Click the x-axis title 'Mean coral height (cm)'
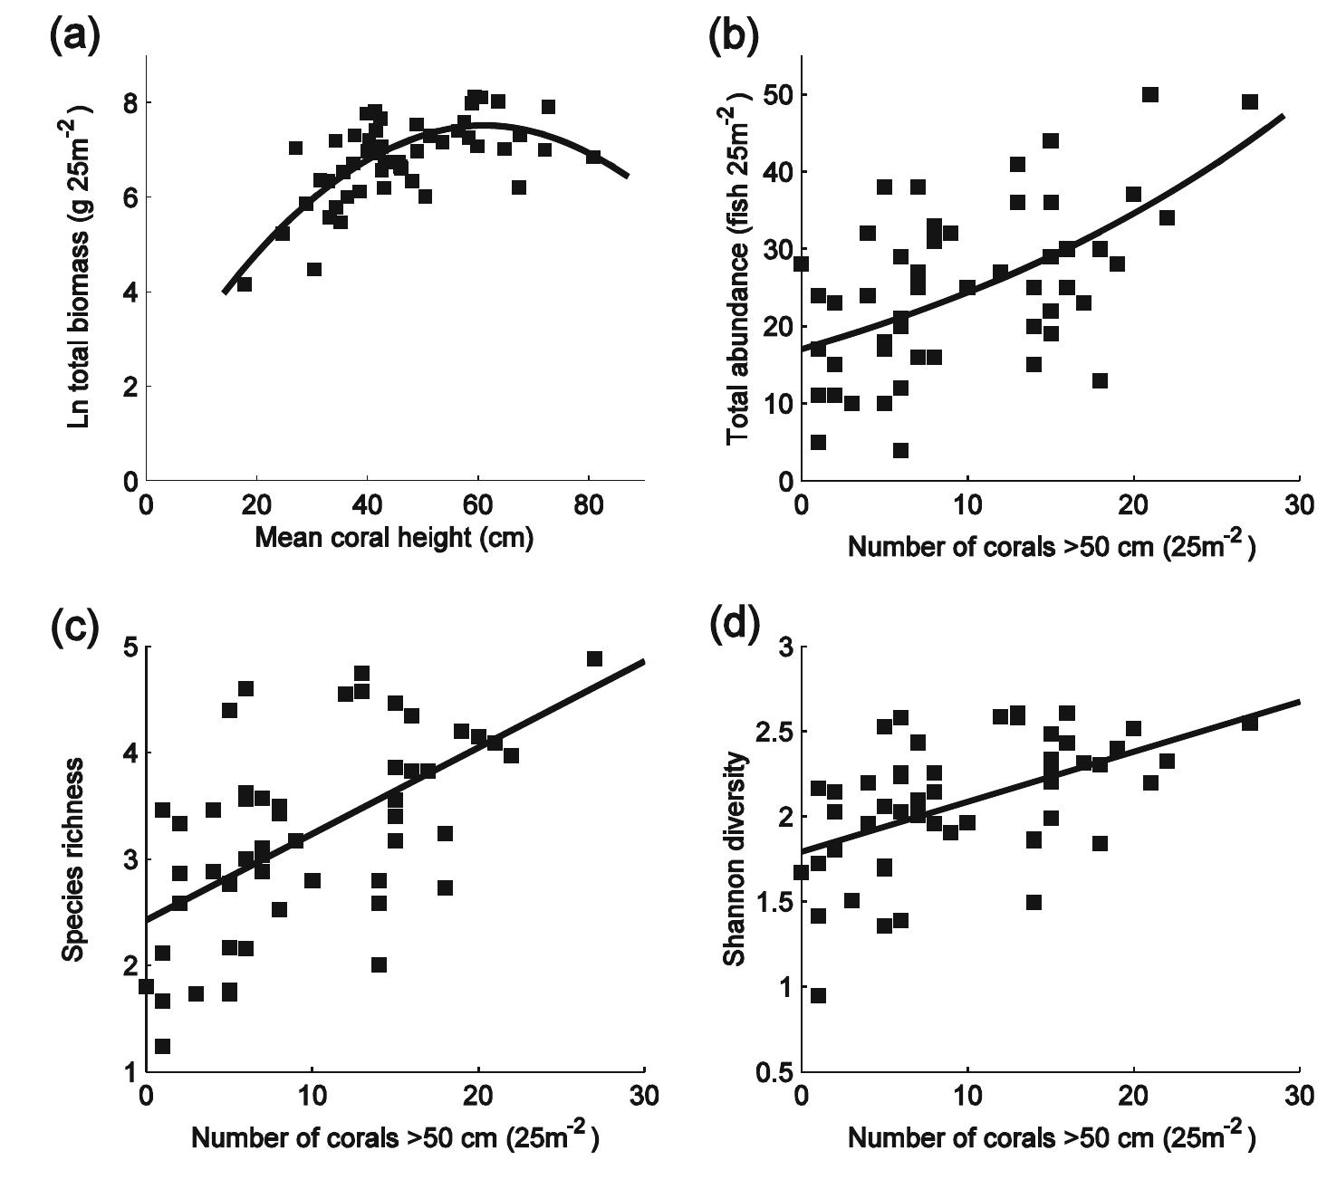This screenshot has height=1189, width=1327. (394, 539)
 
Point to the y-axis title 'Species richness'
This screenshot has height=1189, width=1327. (74, 859)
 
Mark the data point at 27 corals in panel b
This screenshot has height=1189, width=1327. (1250, 102)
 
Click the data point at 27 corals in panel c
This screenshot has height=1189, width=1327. (594, 659)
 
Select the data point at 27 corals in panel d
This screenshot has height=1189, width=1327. (1250, 723)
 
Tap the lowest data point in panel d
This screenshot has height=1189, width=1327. (818, 996)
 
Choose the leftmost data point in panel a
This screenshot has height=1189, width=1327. (245, 284)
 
